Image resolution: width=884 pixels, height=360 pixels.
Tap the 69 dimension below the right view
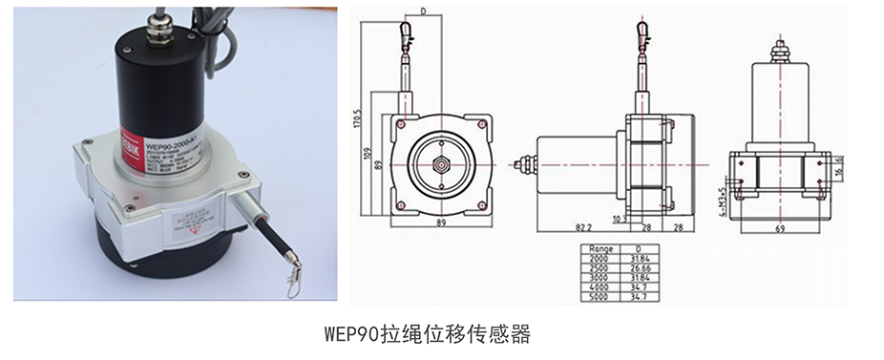tap(780, 229)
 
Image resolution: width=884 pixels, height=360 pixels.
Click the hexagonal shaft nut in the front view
tap(442, 164)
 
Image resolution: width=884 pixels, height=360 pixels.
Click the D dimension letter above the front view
tap(421, 13)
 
